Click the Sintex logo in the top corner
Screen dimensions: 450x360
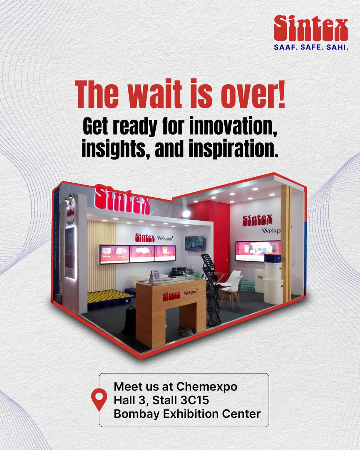click(310, 28)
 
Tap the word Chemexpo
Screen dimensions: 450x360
click(207, 387)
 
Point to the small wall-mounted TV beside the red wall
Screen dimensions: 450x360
click(194, 243)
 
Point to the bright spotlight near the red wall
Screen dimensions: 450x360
click(186, 214)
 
